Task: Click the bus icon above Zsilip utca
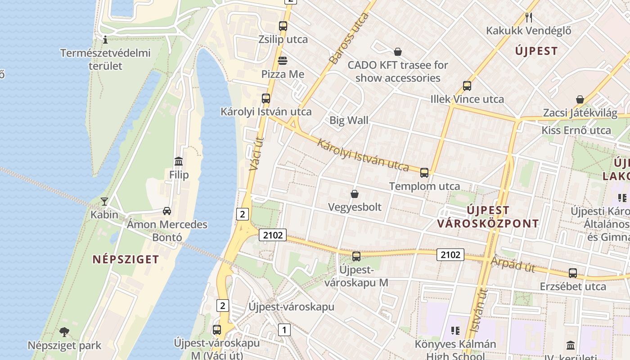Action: pyautogui.click(x=283, y=26)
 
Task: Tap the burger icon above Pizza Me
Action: pyautogui.click(x=283, y=60)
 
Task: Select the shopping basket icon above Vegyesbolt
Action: pyautogui.click(x=355, y=194)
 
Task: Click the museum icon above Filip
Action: pyautogui.click(x=179, y=161)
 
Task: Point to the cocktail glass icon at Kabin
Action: pyautogui.click(x=104, y=201)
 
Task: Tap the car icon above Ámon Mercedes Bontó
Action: pyautogui.click(x=166, y=211)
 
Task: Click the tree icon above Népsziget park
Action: pyautogui.click(x=64, y=332)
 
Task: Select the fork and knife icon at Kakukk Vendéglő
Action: pyautogui.click(x=529, y=18)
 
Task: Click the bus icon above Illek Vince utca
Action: pyautogui.click(x=467, y=85)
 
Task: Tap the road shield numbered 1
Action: pyautogui.click(x=284, y=330)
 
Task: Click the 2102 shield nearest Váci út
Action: pyautogui.click(x=273, y=234)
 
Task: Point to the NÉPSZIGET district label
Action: pyautogui.click(x=126, y=259)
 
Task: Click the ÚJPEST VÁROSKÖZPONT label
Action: pyautogui.click(x=488, y=216)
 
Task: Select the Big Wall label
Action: pyautogui.click(x=349, y=120)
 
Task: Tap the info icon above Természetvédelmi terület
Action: pyautogui.click(x=105, y=40)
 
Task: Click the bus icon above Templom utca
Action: pyautogui.click(x=424, y=173)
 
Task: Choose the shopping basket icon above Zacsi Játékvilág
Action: pyautogui.click(x=580, y=99)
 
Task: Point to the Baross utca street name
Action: pyautogui.click(x=349, y=38)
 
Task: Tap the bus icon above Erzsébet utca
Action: pyautogui.click(x=572, y=273)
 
